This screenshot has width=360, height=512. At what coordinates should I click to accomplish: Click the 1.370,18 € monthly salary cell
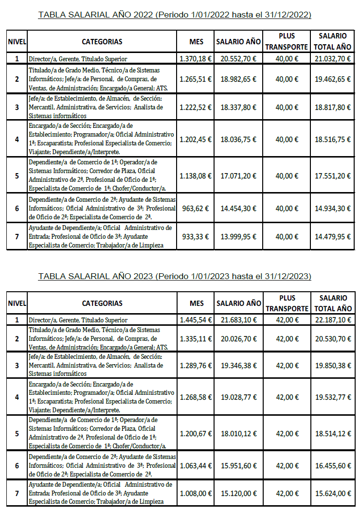[x=196, y=59]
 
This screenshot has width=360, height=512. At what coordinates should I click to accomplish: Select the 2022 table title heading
[x=175, y=15]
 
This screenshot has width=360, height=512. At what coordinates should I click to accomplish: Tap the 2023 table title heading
[x=175, y=277]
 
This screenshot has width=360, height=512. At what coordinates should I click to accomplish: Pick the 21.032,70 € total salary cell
[x=333, y=59]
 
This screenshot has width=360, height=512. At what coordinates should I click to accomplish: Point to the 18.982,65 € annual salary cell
[x=238, y=78]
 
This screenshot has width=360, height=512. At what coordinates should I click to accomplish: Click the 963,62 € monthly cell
[x=196, y=208]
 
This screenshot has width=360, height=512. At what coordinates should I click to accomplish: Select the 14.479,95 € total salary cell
[x=333, y=237]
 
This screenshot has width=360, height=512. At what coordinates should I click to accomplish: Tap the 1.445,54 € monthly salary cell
[x=196, y=320]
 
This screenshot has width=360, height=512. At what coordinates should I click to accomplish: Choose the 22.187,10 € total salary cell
[x=333, y=320]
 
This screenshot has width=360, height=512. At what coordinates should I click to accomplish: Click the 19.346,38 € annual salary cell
[x=238, y=365]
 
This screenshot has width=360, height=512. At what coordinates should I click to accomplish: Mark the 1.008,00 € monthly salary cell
[x=196, y=493]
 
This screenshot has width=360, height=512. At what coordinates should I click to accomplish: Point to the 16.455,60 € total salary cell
[x=333, y=465]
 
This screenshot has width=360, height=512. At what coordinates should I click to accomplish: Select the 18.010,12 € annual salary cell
[x=238, y=433]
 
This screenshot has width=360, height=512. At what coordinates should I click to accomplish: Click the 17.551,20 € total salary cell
[x=333, y=176]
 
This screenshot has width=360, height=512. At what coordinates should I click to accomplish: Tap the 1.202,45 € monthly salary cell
[x=196, y=139]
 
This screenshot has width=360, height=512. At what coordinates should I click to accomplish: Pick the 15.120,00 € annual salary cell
[x=238, y=493]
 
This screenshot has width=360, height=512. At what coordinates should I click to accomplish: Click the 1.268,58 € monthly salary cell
[x=196, y=397]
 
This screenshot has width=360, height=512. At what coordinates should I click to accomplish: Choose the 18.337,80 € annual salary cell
[x=238, y=107]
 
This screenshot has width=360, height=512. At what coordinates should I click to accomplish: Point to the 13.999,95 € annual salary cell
[x=238, y=237]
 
